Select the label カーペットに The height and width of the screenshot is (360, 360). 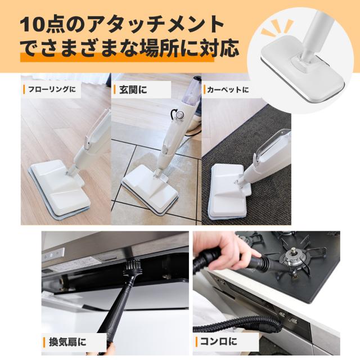coord(228,89)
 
